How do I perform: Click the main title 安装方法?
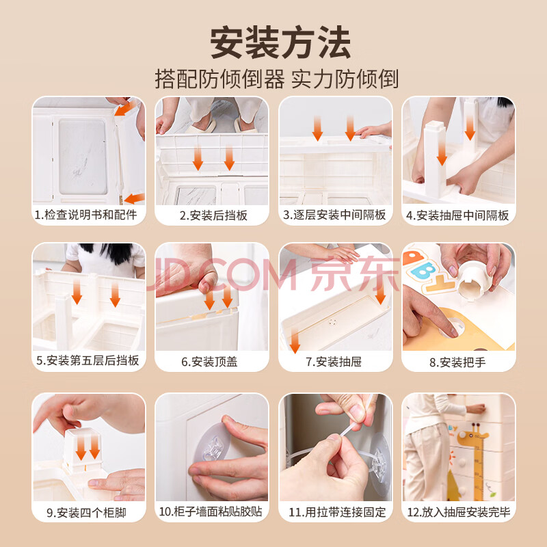[x=280, y=42]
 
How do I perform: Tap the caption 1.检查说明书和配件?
[x=86, y=215]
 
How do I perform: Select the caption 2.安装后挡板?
[x=213, y=215]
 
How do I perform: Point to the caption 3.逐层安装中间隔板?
[x=334, y=215]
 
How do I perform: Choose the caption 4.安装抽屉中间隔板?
[x=457, y=215]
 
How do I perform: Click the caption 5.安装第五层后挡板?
[x=88, y=360]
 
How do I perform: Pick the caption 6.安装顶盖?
[x=209, y=362]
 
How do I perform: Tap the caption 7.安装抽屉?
[x=334, y=362]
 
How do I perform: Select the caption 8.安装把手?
[x=457, y=362]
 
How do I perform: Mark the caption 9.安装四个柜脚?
[x=86, y=513]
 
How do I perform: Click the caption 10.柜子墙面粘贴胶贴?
[x=211, y=511]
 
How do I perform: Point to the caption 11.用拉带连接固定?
[x=337, y=512]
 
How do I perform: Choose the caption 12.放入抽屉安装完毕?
[x=459, y=512]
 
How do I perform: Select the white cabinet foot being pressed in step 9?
[x=82, y=449]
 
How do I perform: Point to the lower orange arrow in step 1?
[x=134, y=198]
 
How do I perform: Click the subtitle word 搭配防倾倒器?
[x=219, y=79]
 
